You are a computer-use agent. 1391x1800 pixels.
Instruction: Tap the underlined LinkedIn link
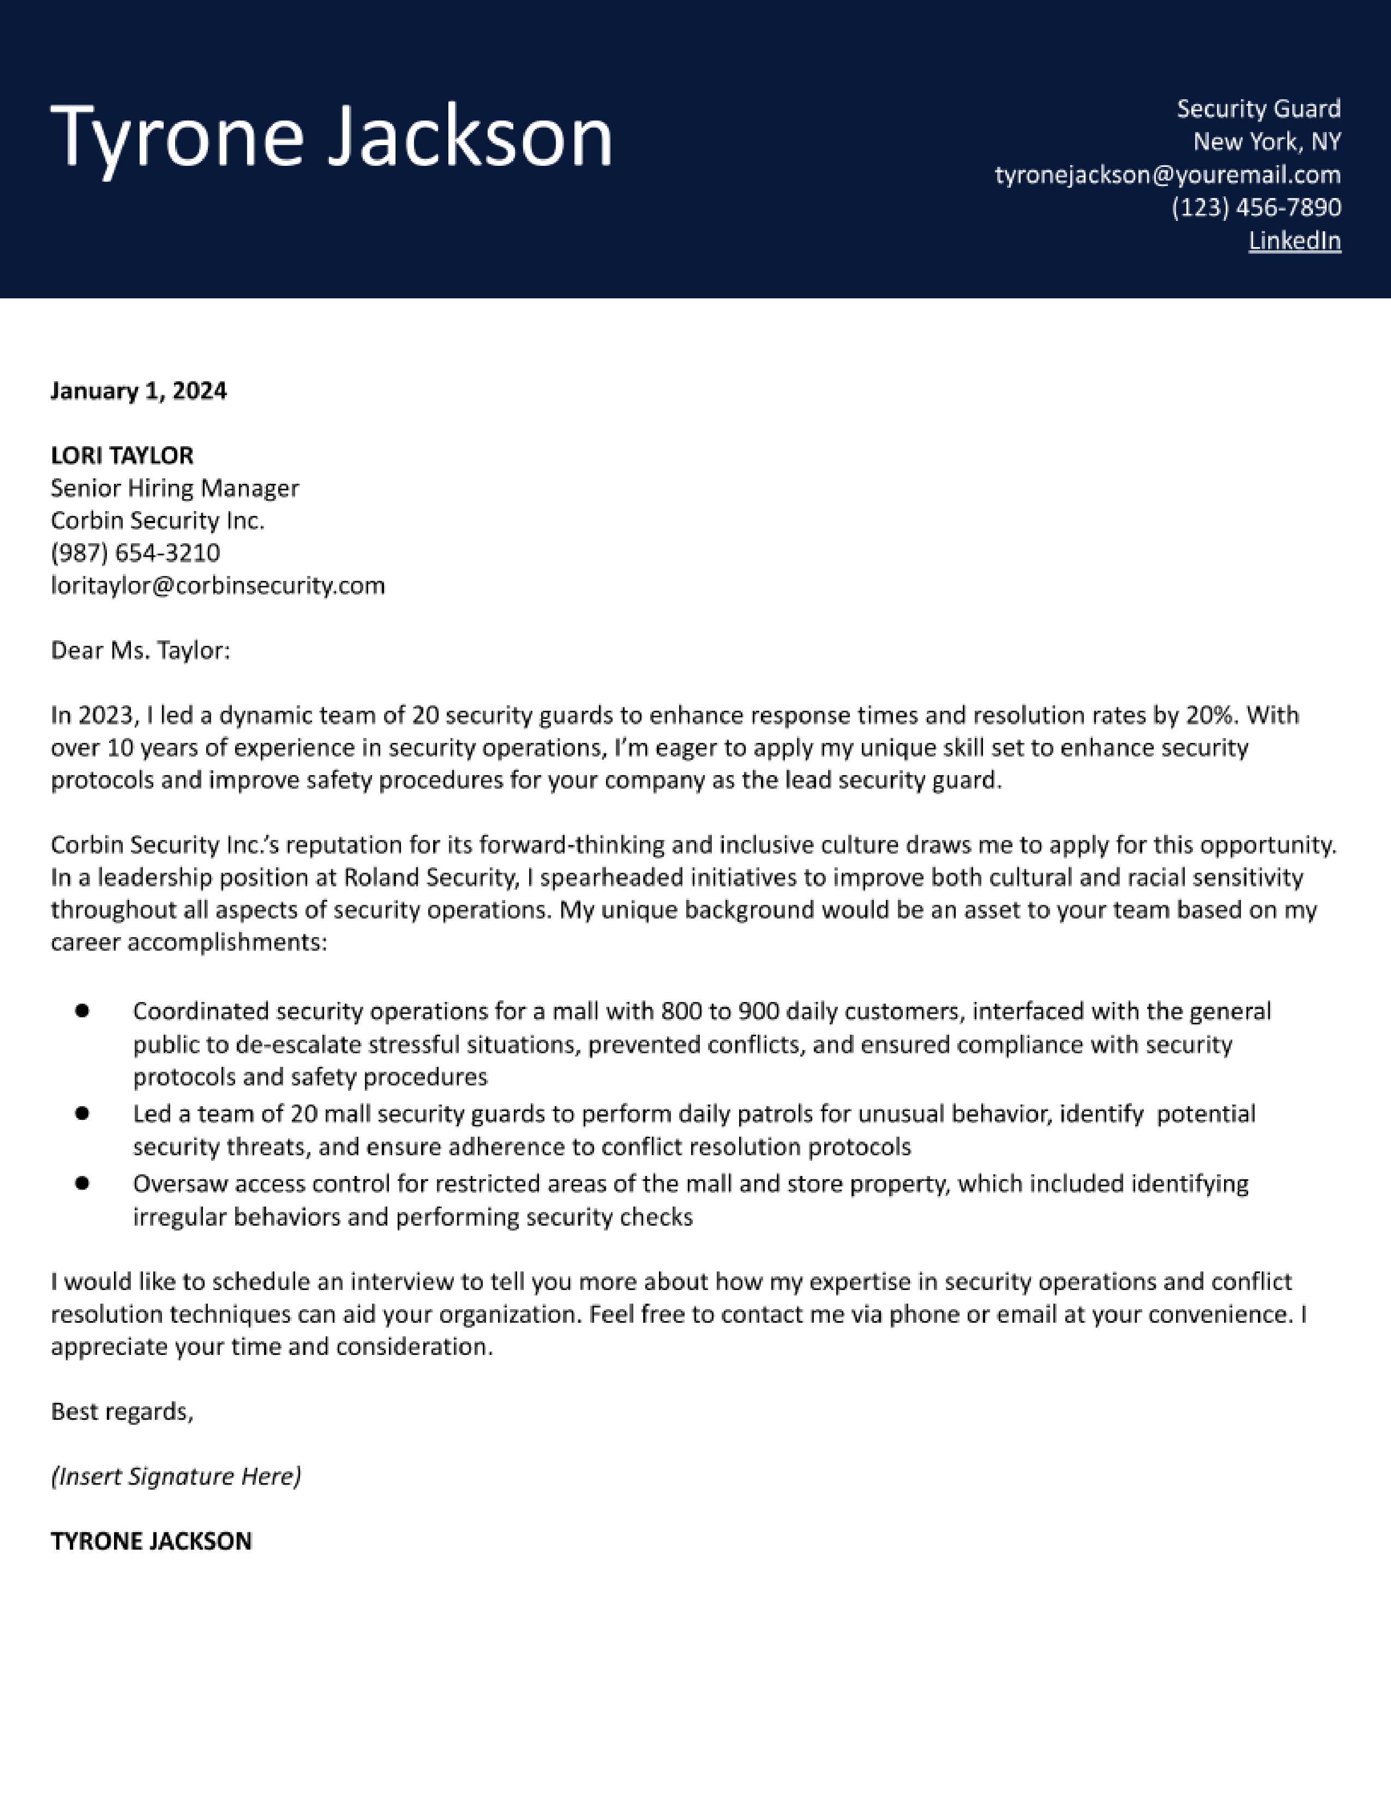coord(1294,241)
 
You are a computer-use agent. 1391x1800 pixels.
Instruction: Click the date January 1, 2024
coord(139,391)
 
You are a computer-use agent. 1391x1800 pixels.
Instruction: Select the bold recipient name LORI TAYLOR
coord(122,456)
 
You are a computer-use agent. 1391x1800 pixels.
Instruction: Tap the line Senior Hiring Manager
coord(175,489)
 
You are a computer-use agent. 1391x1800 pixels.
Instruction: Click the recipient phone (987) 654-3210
coord(135,553)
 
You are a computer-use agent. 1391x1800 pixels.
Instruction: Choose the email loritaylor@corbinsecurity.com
coord(218,586)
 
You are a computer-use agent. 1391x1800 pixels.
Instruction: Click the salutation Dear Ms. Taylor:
coord(140,651)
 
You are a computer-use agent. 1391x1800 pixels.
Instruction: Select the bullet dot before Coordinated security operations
coord(82,1011)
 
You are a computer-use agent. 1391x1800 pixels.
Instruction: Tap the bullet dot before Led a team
coord(82,1113)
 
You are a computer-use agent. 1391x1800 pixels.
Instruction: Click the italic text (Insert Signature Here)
coord(176,1477)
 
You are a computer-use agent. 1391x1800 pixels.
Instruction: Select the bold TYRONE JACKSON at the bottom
coord(151,1541)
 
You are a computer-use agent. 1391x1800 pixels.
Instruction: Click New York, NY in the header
coord(1267,142)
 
